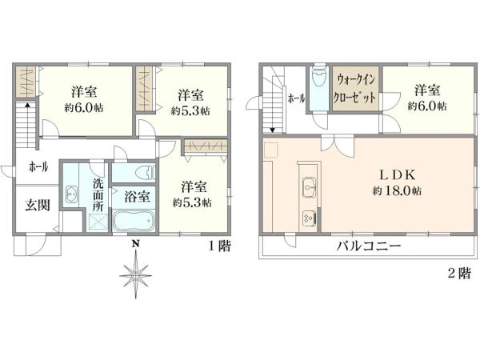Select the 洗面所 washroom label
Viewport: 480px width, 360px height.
(98, 194)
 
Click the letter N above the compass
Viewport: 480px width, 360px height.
(136, 244)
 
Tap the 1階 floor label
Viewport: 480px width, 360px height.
(220, 247)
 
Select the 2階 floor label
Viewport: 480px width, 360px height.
(458, 273)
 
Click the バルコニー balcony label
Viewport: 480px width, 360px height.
(367, 246)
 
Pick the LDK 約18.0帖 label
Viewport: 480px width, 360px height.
(395, 183)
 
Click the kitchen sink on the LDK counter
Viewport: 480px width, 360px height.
(308, 189)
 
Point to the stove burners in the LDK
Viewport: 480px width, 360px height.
(308, 216)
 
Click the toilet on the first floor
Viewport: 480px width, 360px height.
(143, 172)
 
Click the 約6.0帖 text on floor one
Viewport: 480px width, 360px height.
(83, 107)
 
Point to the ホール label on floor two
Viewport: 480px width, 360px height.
(294, 98)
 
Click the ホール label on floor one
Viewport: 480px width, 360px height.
(38, 166)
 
